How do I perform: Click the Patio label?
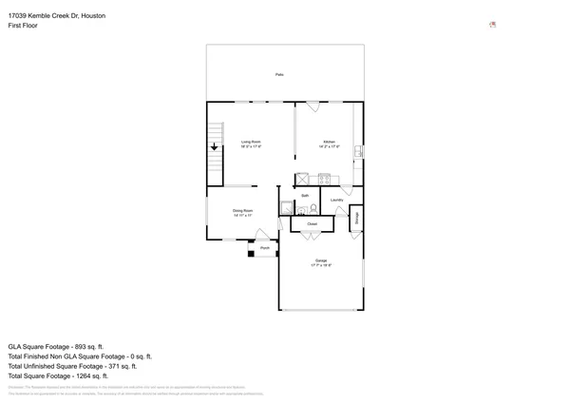tap(279, 74)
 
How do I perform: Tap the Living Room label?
tap(251, 144)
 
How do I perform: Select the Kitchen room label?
tap(330, 144)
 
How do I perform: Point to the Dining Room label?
tap(242, 212)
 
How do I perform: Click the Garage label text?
tap(321, 262)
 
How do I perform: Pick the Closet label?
tap(312, 224)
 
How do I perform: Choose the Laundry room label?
tap(337, 200)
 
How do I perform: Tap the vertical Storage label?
tap(356, 218)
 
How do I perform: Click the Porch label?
tap(265, 248)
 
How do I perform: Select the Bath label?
tap(305, 196)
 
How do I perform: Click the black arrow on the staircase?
tap(215, 146)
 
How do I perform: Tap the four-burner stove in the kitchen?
tap(324, 179)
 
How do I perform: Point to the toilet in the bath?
tap(313, 209)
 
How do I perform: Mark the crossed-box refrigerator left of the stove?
tap(303, 179)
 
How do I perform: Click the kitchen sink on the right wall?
tap(358, 151)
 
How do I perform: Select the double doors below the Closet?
tap(311, 235)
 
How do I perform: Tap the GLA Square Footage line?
tap(56, 347)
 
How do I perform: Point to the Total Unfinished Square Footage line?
tap(72, 366)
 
